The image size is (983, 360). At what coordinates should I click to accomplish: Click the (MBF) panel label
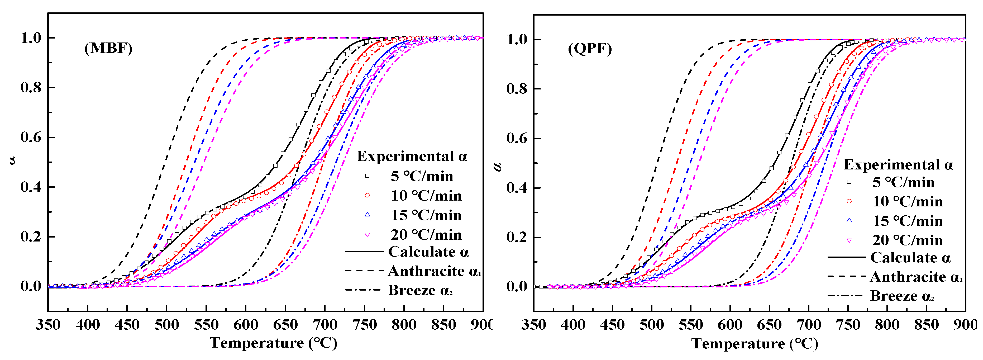pos(108,49)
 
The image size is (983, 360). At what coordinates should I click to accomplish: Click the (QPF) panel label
pos(590,49)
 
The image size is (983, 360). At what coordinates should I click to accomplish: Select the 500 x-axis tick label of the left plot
pos(166,325)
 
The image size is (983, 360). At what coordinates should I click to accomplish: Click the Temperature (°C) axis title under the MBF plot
pos(273,343)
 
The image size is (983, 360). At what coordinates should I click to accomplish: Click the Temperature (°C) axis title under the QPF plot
pos(755,344)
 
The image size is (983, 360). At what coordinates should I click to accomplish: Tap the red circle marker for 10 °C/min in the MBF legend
pos(367,196)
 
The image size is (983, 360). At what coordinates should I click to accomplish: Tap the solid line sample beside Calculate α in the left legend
pos(364,252)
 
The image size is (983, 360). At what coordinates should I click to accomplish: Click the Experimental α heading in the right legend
pos(898,164)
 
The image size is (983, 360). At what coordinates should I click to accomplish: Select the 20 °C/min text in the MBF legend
pos(426,235)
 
